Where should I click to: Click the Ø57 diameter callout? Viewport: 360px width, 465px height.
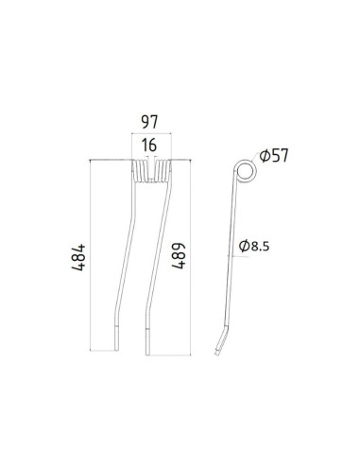click(271, 155)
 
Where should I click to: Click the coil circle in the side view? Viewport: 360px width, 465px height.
click(244, 171)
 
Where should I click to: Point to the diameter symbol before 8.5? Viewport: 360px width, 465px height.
click(246, 248)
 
